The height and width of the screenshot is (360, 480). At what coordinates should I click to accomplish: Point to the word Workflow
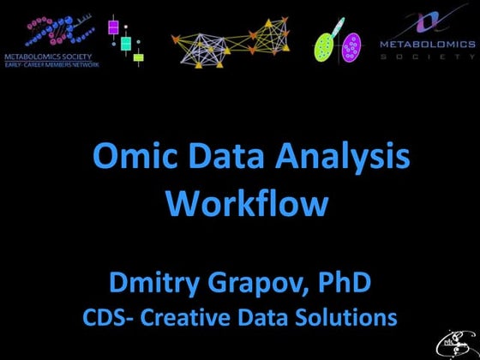coord(247,204)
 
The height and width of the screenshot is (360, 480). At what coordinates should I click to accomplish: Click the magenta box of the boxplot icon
coord(113,27)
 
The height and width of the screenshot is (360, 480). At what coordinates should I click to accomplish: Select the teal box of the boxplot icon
coord(125,43)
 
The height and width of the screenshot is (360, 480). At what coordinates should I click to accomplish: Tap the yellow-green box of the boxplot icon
coord(138,57)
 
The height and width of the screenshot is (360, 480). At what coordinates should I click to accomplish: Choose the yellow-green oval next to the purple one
coord(326,44)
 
